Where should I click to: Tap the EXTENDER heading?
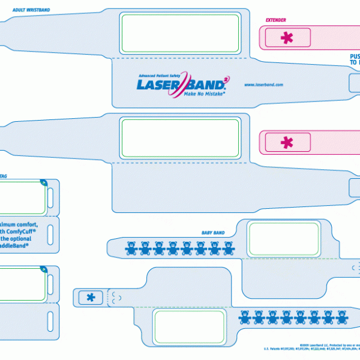(x=276, y=20)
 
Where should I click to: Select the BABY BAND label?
(x=213, y=232)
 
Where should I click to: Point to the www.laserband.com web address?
(x=263, y=85)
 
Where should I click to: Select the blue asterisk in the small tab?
(x=90, y=297)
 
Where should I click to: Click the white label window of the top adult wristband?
(x=181, y=33)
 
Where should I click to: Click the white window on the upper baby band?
(x=284, y=238)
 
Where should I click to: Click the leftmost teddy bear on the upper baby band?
(x=130, y=248)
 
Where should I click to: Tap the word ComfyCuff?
(x=27, y=230)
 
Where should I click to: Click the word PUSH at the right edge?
(x=354, y=58)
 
